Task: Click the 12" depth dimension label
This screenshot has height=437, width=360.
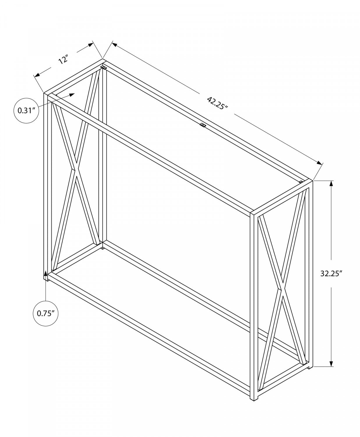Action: point(63,59)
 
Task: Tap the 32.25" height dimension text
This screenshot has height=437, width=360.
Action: point(331,273)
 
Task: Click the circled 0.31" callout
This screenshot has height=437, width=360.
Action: point(26,110)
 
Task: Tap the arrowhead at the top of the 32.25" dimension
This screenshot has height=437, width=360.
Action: point(331,184)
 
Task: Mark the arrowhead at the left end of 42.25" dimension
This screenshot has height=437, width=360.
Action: point(114,44)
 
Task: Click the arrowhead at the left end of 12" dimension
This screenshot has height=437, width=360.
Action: point(37,75)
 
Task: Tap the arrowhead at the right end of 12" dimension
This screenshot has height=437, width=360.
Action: point(91,45)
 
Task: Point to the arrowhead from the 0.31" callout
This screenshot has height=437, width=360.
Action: point(72,95)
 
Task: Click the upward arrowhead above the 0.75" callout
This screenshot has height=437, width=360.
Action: point(46,273)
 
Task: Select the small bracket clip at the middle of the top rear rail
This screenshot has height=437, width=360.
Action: point(203,125)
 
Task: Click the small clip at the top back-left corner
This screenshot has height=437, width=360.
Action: point(103,67)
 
